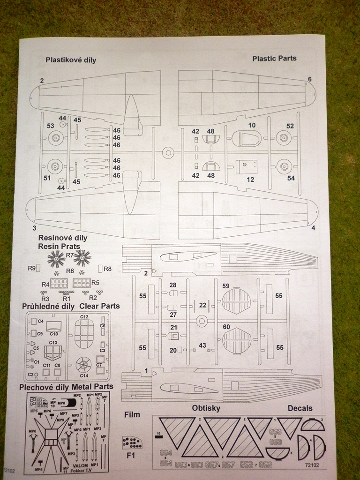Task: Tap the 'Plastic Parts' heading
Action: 274,59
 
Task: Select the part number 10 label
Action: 252,125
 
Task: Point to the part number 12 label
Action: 250,180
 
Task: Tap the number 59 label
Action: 226,286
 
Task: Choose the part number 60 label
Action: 226,326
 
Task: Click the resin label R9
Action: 32,269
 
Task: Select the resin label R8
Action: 108,269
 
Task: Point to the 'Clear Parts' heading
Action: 99,306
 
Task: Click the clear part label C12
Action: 84,317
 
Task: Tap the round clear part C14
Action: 84,364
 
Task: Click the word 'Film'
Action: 132,414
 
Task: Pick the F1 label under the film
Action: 131,455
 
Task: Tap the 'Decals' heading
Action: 300,408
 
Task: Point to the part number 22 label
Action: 202,305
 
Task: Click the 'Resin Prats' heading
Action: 59,246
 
